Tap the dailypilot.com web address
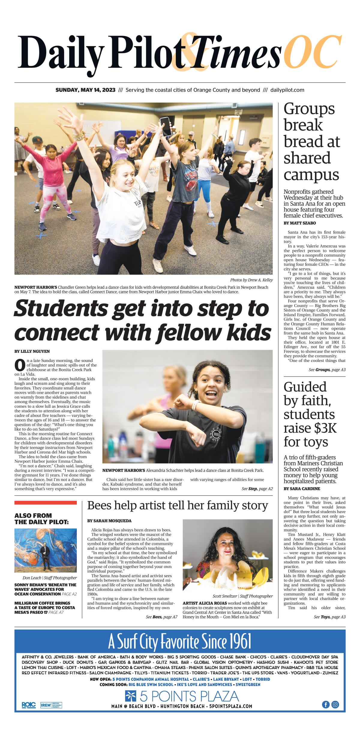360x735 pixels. (x=287, y=90)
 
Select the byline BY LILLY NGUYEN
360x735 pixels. (x=32, y=351)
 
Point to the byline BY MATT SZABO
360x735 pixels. (x=300, y=223)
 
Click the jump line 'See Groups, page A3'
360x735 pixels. (x=327, y=370)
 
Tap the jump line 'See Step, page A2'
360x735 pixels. (x=257, y=489)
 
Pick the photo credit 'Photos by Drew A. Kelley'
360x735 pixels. (x=251, y=280)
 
